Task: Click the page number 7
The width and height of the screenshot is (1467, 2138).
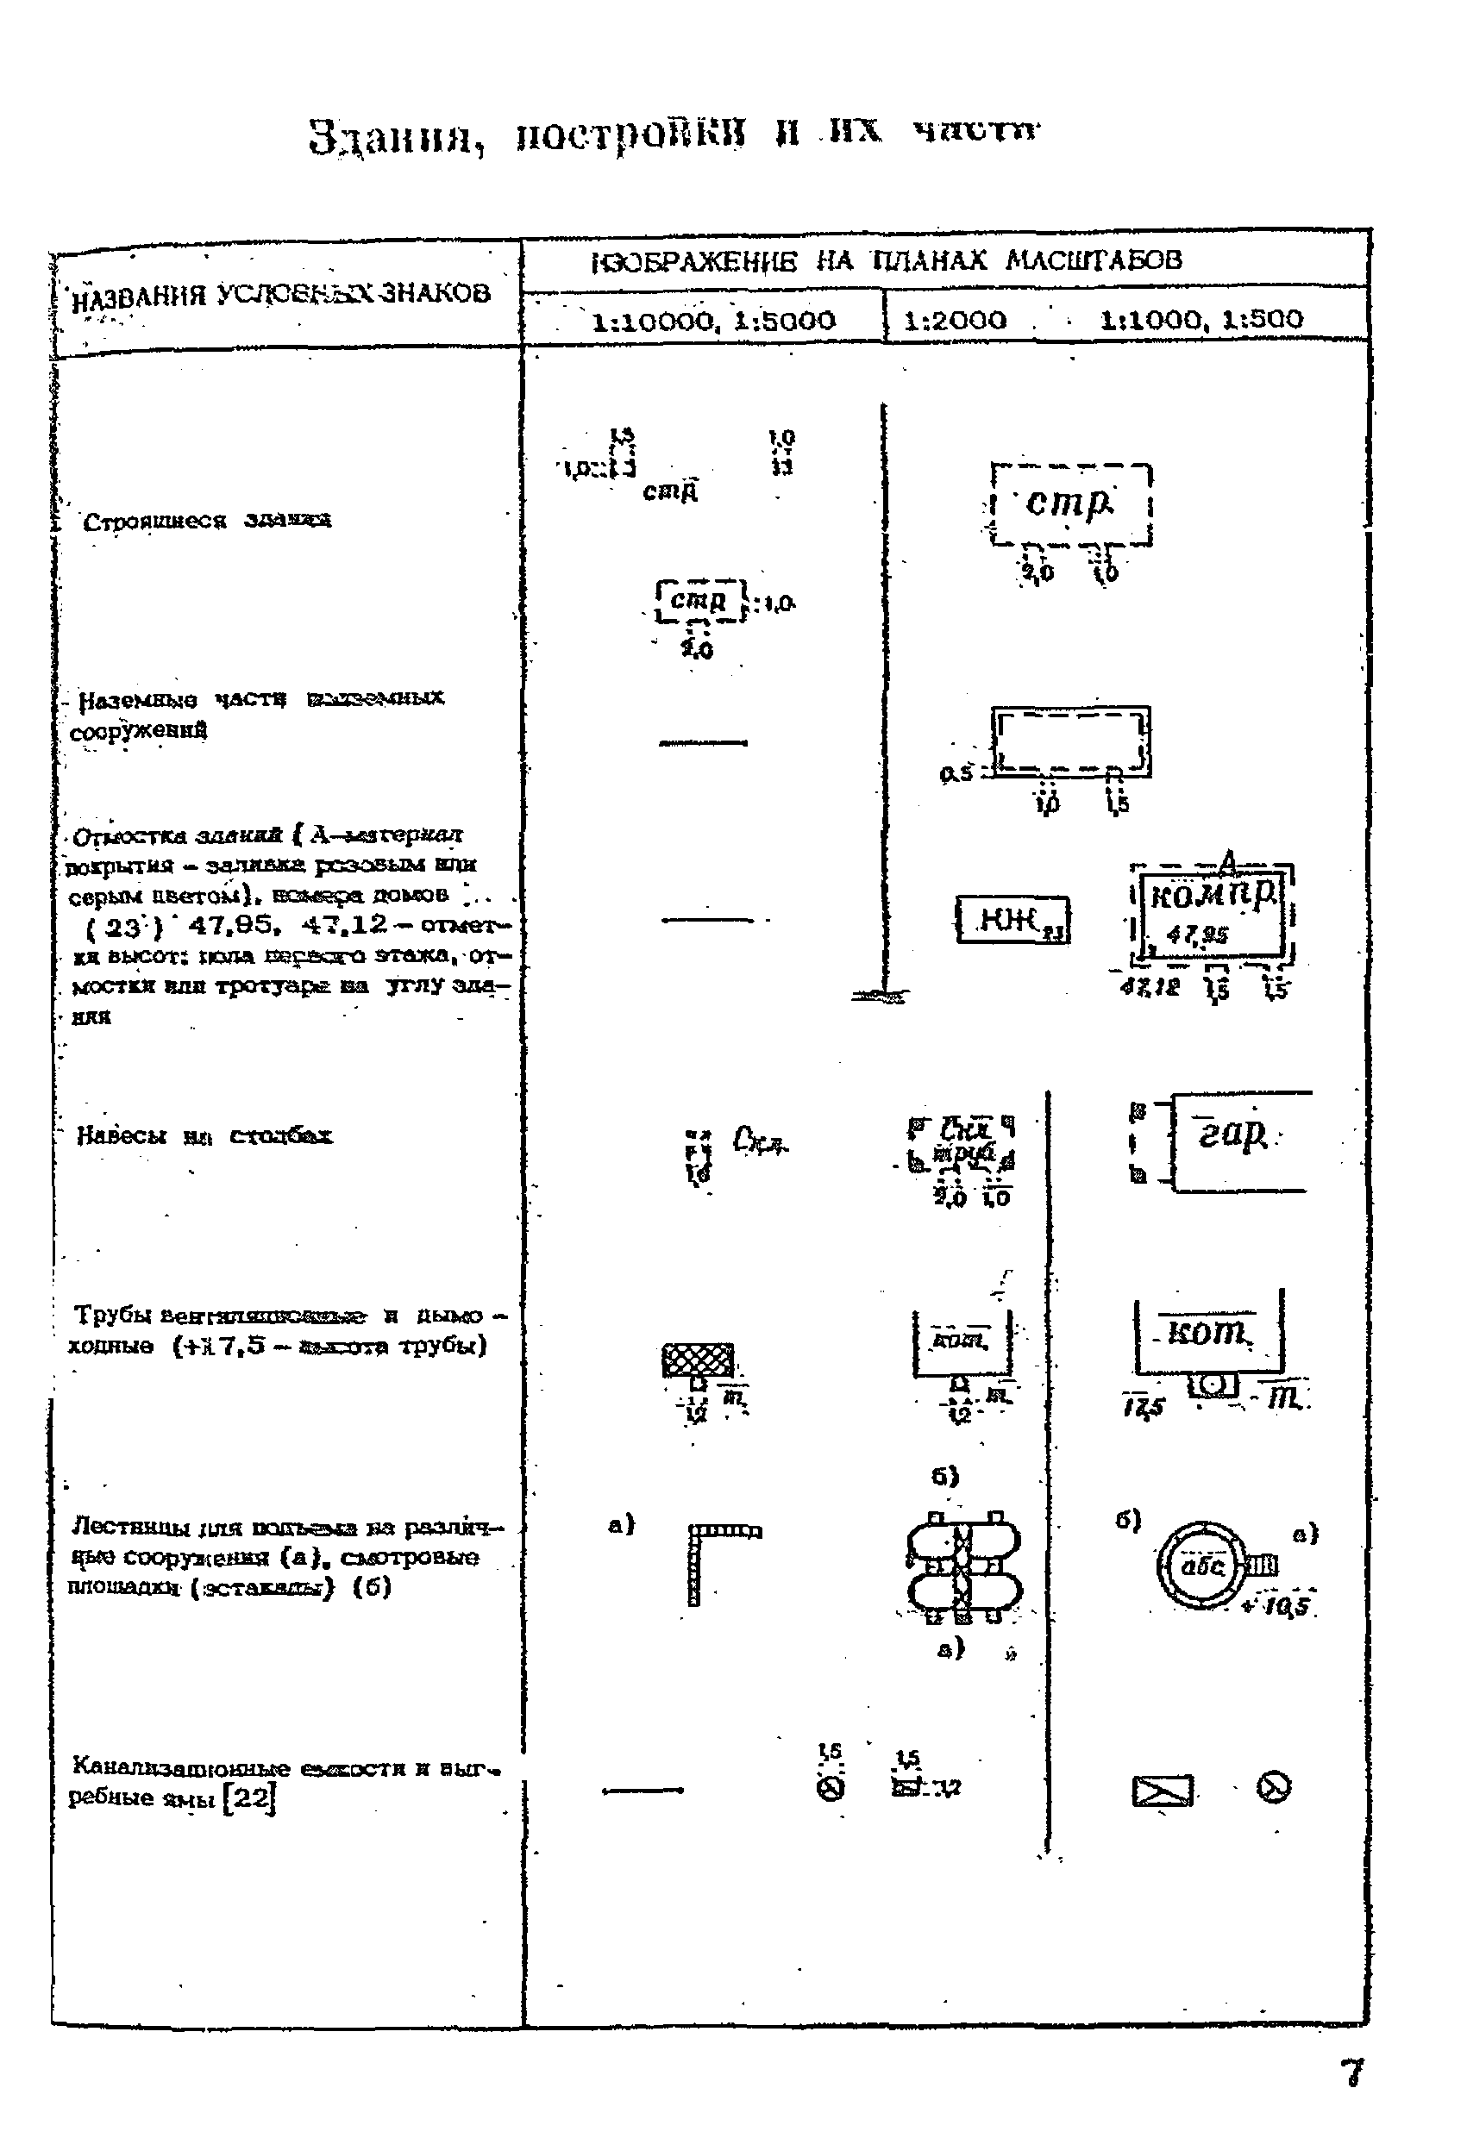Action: [1351, 2072]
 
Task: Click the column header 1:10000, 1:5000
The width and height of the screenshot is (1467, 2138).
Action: [713, 320]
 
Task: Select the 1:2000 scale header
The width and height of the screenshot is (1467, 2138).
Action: [955, 319]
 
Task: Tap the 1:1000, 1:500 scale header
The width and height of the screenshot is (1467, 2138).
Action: [1201, 318]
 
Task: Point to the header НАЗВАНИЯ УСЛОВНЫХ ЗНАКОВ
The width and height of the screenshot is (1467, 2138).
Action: [280, 294]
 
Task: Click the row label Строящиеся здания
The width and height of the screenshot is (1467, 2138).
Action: [207, 521]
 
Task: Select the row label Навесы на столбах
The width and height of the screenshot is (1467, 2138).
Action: [204, 1135]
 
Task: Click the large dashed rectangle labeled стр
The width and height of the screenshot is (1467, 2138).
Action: [1071, 505]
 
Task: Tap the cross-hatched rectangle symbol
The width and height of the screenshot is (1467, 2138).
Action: [698, 1359]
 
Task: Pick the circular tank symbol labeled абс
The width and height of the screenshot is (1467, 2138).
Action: [1201, 1565]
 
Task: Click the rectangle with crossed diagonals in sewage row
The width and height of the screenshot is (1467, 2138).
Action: [1163, 1791]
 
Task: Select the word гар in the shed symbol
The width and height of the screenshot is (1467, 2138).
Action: [1232, 1136]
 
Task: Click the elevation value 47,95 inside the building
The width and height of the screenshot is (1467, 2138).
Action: [1196, 935]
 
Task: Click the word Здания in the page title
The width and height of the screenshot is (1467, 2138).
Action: [396, 138]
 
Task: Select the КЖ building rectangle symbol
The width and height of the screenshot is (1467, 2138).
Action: [1012, 918]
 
